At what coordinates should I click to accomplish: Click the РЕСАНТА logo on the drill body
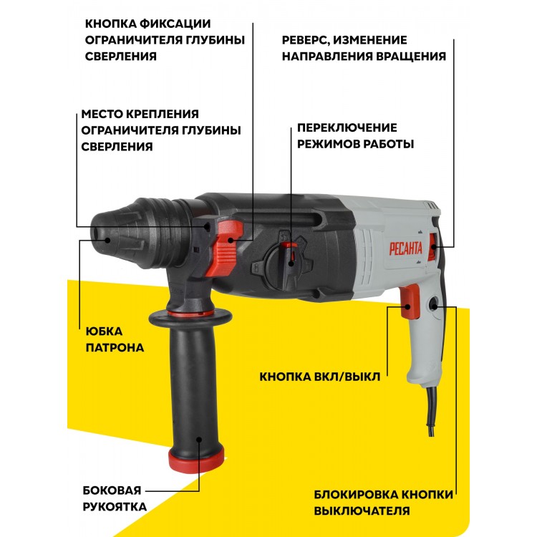pyautogui.click(x=405, y=248)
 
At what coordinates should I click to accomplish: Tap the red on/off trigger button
pyautogui.click(x=410, y=302)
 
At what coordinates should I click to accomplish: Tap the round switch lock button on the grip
pyautogui.click(x=434, y=304)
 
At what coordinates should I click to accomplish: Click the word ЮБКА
pyautogui.click(x=104, y=332)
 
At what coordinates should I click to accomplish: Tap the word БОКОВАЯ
pyautogui.click(x=112, y=490)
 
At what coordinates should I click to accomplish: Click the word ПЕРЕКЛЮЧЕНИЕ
pyautogui.click(x=347, y=127)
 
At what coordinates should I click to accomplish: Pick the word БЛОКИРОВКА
pyautogui.click(x=356, y=495)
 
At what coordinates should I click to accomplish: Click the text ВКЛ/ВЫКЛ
pyautogui.click(x=345, y=377)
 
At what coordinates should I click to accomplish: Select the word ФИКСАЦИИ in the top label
pyautogui.click(x=175, y=24)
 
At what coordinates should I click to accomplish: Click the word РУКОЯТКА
pyautogui.click(x=115, y=506)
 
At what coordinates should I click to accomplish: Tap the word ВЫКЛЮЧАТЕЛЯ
pyautogui.click(x=362, y=511)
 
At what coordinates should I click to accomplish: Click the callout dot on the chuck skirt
pyautogui.click(x=107, y=240)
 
